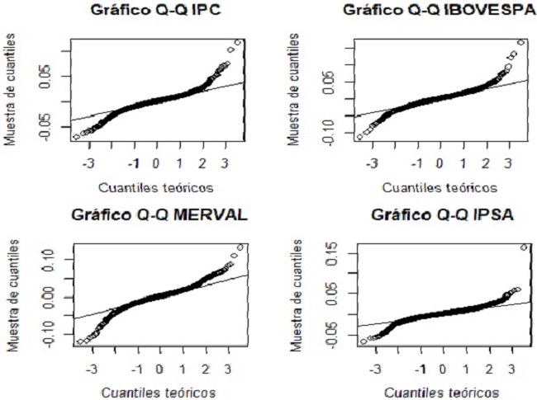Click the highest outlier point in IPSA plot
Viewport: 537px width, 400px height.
point(523,247)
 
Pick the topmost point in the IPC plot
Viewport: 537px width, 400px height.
point(239,42)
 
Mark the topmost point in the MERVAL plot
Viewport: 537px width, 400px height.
point(240,247)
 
